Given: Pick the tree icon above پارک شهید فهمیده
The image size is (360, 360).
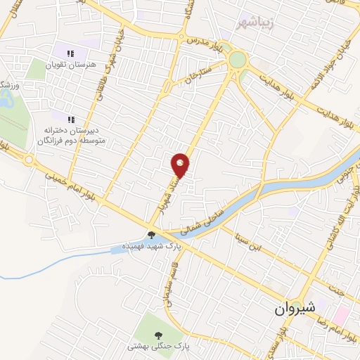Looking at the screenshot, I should pyautogui.click(x=151, y=236).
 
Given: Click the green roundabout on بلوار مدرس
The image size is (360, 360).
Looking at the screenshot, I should pyautogui.click(x=238, y=60).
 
